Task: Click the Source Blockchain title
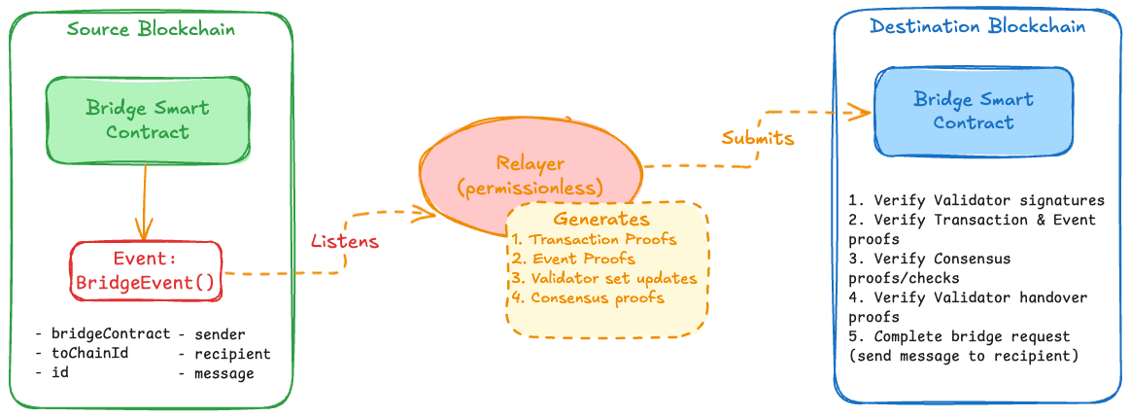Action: pos(151,29)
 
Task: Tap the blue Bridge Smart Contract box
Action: pos(974,111)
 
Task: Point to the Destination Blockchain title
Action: pos(977,26)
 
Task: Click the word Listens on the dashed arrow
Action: pos(344,239)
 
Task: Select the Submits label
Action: pos(757,138)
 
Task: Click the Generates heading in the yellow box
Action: pos(601,219)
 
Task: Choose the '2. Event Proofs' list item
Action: pos(573,259)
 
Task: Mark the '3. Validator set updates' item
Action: pos(604,278)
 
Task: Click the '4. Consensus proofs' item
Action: pos(588,297)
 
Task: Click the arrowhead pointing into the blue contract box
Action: pos(861,111)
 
